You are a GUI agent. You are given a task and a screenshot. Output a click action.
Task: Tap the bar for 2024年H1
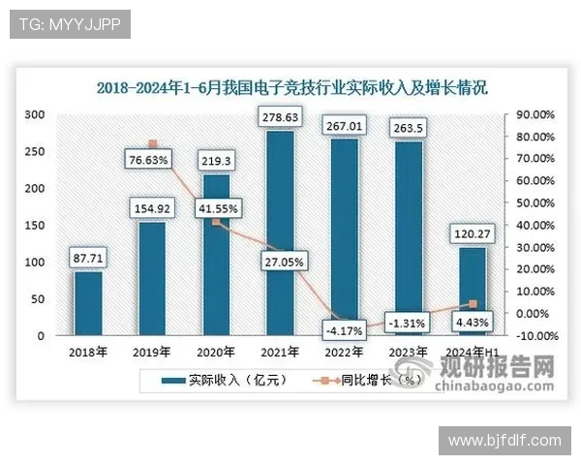point(471,291)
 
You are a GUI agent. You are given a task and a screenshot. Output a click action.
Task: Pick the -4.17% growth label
point(344,330)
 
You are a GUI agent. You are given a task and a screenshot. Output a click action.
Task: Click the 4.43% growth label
point(472,322)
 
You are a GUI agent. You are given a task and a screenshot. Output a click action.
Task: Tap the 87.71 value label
point(88,259)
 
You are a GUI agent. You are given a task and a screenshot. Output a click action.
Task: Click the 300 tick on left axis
point(35,114)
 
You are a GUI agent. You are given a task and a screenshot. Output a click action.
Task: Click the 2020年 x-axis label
point(216,352)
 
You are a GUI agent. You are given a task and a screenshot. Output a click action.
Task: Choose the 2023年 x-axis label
point(408,352)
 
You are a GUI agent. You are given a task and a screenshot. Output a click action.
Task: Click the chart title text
point(291,87)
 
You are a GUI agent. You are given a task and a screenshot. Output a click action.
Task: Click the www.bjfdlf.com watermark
point(505,441)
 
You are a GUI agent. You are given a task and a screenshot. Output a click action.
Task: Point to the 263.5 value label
point(408,130)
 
